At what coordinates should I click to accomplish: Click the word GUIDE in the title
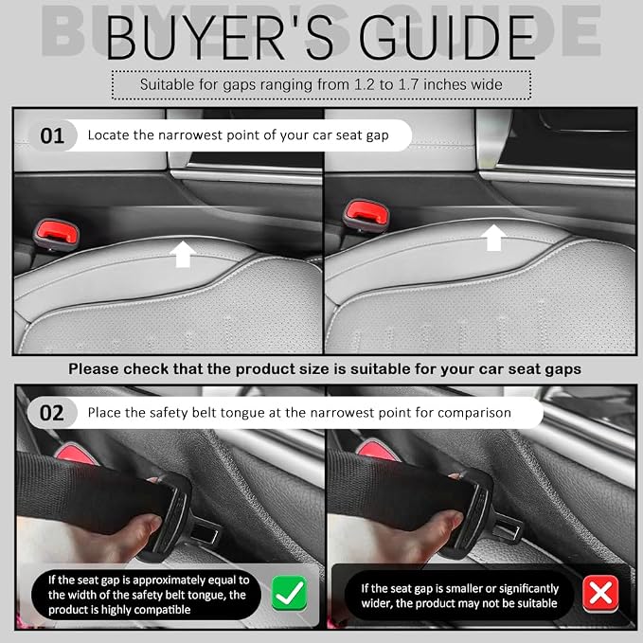click(x=448, y=38)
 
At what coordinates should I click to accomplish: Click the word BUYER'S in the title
click(x=220, y=38)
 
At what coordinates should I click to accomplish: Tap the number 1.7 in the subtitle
click(x=408, y=84)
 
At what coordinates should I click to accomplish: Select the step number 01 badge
click(x=52, y=135)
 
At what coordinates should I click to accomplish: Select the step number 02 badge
click(x=52, y=413)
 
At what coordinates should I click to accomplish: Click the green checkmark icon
click(x=289, y=593)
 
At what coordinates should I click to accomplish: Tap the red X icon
click(x=600, y=593)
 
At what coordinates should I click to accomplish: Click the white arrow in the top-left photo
click(x=183, y=254)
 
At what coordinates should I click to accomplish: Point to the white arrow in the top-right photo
click(x=493, y=238)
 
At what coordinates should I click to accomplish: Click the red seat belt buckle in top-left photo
click(x=56, y=234)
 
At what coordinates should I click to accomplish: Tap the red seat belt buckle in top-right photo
click(x=366, y=215)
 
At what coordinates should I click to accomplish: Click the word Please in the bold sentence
click(x=94, y=369)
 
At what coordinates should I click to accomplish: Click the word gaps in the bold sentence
click(x=563, y=370)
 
